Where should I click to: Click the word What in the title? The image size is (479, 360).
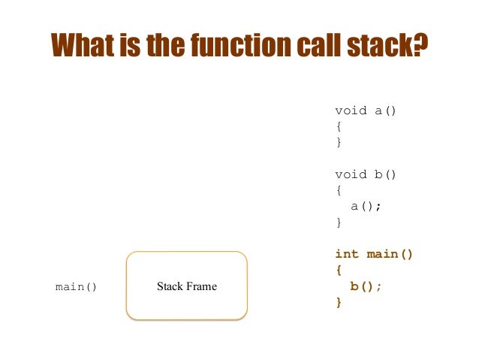(x=83, y=47)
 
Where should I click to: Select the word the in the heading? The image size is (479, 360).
(x=169, y=47)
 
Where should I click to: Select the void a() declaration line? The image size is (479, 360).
(x=366, y=110)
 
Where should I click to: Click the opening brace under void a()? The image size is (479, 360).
(x=339, y=126)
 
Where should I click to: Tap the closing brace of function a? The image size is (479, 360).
(x=339, y=142)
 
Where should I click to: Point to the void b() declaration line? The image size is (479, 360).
(x=366, y=174)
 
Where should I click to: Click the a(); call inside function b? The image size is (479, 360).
(x=366, y=206)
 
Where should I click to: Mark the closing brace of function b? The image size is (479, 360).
(x=339, y=222)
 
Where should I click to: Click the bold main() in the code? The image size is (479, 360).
(x=390, y=254)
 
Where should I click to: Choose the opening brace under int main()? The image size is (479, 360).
(x=339, y=270)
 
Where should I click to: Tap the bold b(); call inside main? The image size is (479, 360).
(x=366, y=286)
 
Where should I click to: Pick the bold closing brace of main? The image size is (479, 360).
(x=339, y=302)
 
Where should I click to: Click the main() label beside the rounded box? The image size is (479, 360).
(x=77, y=287)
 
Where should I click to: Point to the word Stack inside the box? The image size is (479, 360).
(x=170, y=286)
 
